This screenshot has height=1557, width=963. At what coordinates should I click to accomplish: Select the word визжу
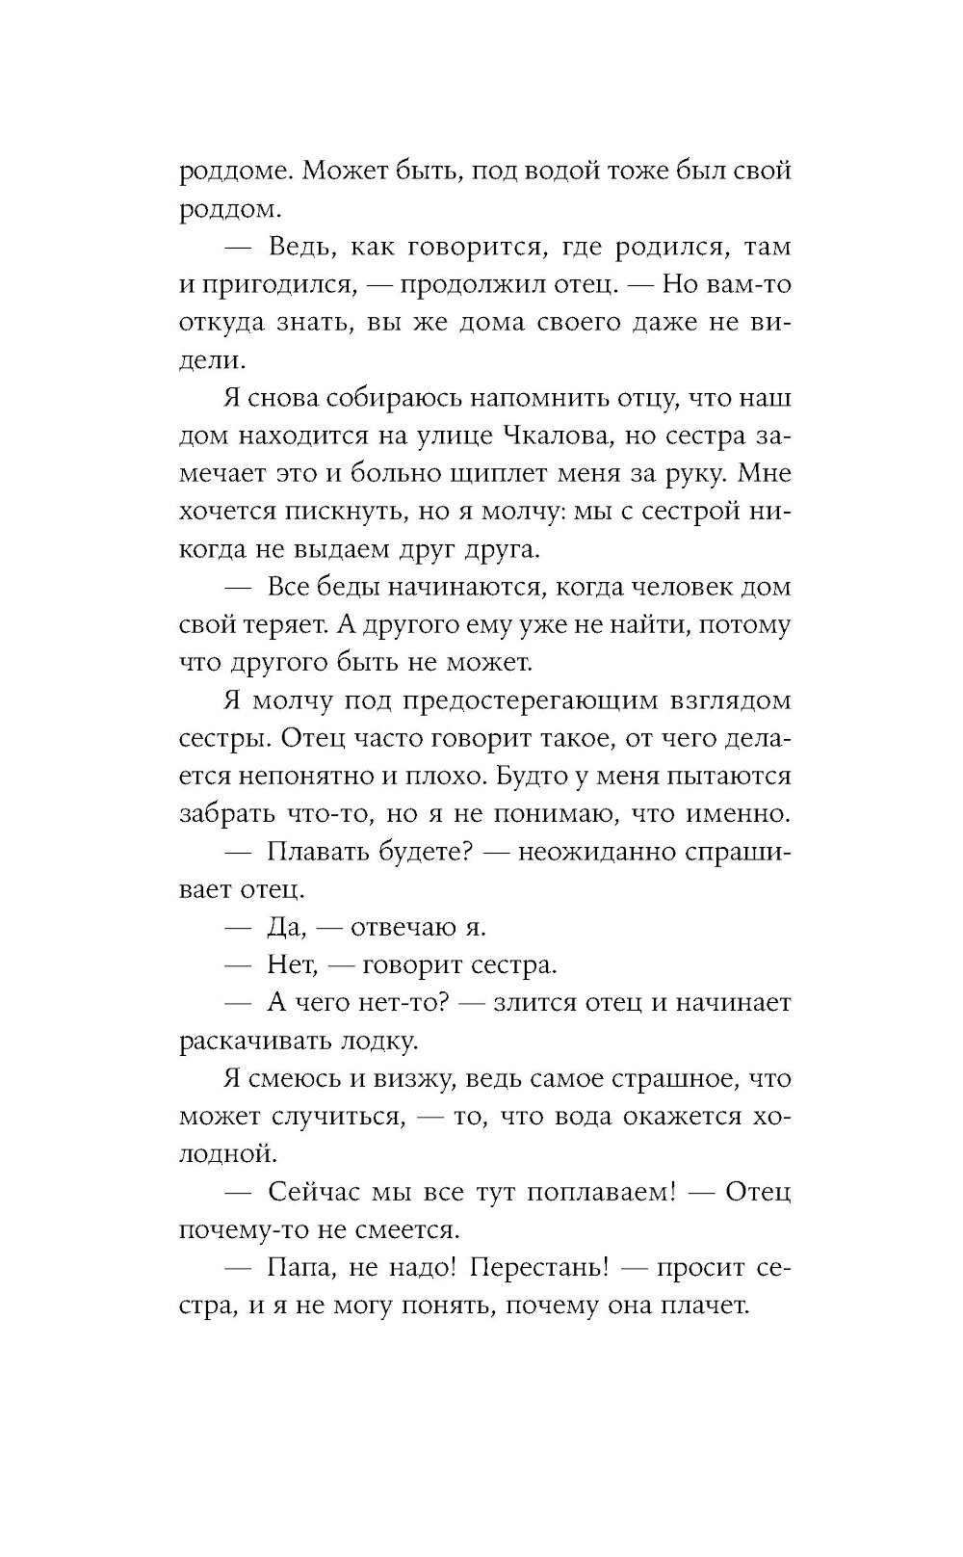pyautogui.click(x=410, y=1079)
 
